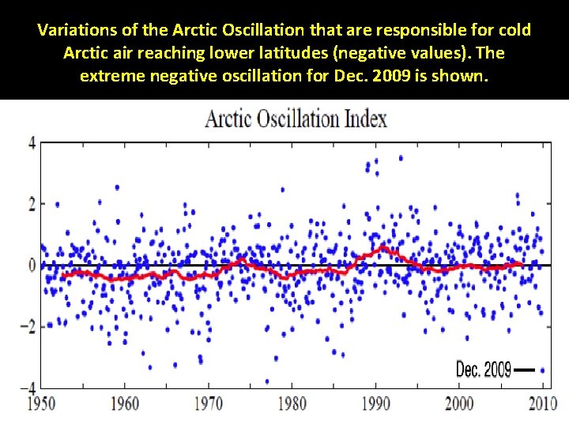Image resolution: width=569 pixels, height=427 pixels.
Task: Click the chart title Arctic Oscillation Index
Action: [296, 119]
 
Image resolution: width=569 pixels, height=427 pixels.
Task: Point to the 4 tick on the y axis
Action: [32, 143]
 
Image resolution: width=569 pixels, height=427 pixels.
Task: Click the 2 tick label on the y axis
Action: [32, 204]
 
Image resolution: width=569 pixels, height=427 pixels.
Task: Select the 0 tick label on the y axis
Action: [32, 265]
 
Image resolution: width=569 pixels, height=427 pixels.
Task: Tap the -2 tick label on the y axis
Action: [28, 326]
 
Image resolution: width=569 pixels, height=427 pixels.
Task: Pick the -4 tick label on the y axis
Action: [28, 387]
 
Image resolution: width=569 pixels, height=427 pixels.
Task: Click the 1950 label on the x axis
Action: [42, 404]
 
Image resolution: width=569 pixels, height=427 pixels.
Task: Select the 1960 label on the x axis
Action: [125, 404]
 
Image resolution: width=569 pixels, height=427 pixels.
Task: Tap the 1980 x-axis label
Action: [292, 404]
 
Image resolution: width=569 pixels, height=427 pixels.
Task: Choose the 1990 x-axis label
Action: [375, 404]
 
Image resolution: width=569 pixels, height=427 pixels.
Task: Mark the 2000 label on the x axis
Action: [459, 404]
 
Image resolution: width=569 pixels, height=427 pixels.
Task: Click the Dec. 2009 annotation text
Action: [484, 369]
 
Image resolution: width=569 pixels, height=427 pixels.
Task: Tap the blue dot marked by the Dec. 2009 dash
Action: [542, 369]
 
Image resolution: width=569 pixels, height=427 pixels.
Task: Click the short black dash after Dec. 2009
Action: [525, 369]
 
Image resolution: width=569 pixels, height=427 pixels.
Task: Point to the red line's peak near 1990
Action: [384, 248]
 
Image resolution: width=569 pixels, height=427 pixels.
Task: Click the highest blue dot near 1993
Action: [401, 158]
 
